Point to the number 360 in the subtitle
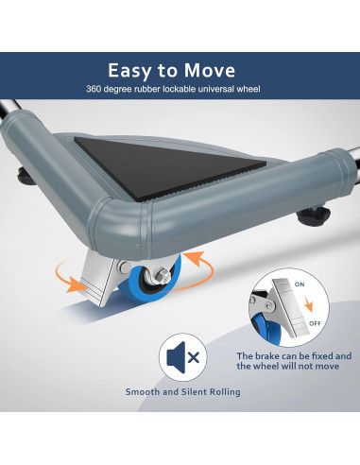coord(95,89)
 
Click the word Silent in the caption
coord(188,392)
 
